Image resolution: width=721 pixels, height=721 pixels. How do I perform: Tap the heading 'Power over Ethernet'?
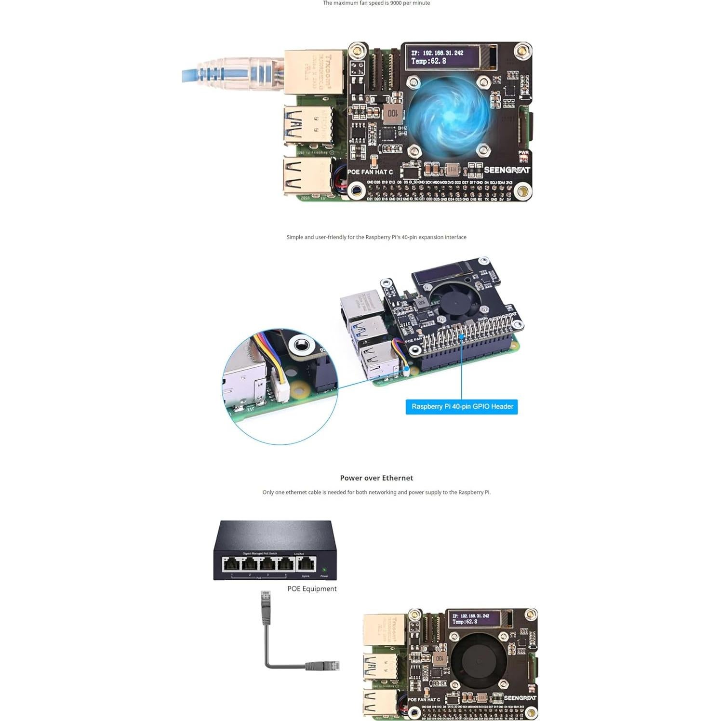click(376, 478)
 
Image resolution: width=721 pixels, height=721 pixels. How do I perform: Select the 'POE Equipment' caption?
click(312, 588)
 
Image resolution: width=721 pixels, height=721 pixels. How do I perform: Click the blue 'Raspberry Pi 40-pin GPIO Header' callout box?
click(462, 407)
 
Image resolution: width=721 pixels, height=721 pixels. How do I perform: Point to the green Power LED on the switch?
click(324, 570)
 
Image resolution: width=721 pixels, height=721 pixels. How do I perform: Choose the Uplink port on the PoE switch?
click(306, 564)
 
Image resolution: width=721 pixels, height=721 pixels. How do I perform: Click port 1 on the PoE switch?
click(231, 564)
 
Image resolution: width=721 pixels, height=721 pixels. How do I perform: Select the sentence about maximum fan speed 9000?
click(376, 3)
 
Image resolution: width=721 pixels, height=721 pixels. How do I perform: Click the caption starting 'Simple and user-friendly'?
click(376, 237)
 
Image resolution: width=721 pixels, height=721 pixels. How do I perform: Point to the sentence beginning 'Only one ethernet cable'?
click(376, 493)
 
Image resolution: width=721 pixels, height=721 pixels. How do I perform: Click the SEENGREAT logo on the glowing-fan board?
click(507, 170)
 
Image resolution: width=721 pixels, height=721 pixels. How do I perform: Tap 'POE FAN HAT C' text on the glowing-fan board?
click(370, 172)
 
